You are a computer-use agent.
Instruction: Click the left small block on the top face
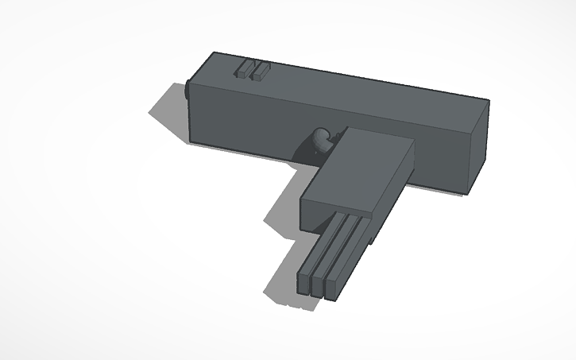tap(242, 69)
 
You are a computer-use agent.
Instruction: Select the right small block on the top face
tap(260, 72)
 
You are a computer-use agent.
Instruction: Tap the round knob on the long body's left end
tap(187, 91)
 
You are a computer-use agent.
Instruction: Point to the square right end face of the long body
tap(477, 146)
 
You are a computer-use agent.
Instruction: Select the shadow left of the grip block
tap(282, 210)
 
